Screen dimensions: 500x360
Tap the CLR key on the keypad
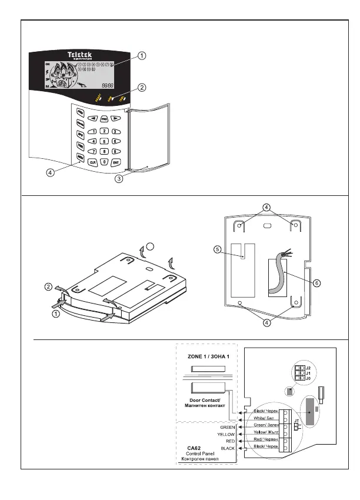tap(92, 161)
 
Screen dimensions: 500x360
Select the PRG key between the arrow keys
tap(104, 118)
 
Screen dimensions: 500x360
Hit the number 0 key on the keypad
tap(104, 161)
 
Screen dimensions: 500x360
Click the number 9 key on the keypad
tap(116, 151)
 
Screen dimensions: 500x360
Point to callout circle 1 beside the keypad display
tap(142, 55)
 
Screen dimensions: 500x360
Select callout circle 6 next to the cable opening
tap(316, 283)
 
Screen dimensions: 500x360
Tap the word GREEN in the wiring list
tap(227, 426)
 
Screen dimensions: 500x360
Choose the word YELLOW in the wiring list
tap(226, 434)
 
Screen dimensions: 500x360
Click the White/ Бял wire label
tap(263, 418)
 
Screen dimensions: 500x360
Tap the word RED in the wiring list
tap(229, 441)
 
